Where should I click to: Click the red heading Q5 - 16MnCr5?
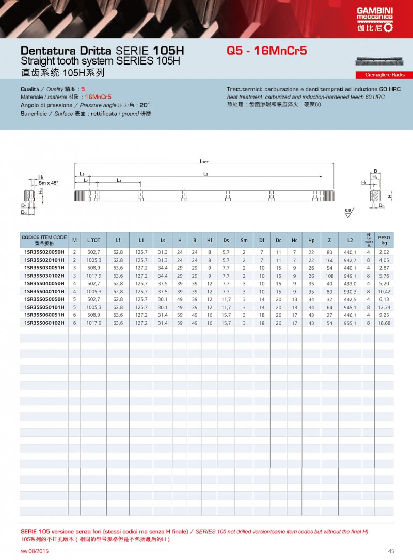pos(267,51)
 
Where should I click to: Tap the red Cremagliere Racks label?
pos(380,75)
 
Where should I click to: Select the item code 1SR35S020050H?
pos(44,252)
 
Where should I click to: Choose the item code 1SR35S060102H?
pos(44,323)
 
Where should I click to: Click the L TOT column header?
pos(93,240)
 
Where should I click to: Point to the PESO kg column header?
pos(384,240)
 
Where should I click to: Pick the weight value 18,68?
pos(384,323)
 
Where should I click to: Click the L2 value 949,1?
pos(351,276)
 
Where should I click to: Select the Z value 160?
pos(329,260)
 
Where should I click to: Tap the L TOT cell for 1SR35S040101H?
pos(93,291)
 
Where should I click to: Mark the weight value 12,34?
pos(384,307)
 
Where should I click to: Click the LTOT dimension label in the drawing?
pos(204,162)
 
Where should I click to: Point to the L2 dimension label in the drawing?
pos(205,174)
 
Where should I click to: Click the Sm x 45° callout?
pos(49,183)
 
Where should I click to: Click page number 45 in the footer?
pos(391,551)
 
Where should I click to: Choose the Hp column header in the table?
pos(311,240)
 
